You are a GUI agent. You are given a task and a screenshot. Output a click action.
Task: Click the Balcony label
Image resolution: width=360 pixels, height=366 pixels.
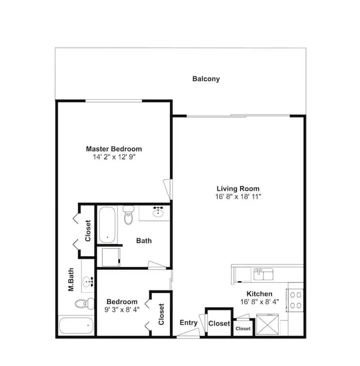coord(206,79)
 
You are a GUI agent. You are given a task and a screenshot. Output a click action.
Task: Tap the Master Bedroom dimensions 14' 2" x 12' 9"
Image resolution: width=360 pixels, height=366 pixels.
coord(114,157)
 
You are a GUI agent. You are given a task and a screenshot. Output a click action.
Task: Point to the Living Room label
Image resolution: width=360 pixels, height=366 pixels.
coord(238,189)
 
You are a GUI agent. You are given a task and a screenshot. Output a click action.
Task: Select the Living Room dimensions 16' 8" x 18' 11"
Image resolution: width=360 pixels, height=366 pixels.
coord(238,197)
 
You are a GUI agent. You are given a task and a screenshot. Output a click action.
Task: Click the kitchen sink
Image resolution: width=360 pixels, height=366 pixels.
coord(263,274)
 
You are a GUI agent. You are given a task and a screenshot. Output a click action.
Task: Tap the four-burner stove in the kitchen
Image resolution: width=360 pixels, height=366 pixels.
coord(295,300)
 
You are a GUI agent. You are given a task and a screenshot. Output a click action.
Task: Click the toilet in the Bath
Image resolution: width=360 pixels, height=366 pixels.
coord(128,215)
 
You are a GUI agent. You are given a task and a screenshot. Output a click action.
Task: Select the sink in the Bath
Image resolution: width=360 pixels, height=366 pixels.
coord(158,212)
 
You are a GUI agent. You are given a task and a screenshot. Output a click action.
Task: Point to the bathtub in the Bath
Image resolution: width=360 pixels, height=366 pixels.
coord(107,225)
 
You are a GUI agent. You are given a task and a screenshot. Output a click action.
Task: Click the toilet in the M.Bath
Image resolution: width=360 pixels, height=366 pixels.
coord(84,303)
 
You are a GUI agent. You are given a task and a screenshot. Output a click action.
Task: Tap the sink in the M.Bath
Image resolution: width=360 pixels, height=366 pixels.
coord(88,282)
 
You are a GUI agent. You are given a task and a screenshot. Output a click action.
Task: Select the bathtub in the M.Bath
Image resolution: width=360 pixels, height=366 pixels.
coord(76,325)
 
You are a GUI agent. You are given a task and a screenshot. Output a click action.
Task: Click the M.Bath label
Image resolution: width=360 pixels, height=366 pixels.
coord(71,280)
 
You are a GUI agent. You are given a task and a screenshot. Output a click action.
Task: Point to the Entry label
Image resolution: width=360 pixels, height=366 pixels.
coord(188,322)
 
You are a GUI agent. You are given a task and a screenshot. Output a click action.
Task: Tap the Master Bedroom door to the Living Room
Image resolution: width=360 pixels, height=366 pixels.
coord(168,189)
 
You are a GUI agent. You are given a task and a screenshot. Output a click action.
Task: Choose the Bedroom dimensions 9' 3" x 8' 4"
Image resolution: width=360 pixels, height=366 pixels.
coord(122,309)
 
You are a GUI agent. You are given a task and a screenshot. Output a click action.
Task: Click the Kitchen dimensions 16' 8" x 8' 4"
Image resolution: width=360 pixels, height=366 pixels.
coord(259,302)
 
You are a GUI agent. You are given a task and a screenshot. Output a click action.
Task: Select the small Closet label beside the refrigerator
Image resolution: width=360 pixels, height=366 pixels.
coord(243,328)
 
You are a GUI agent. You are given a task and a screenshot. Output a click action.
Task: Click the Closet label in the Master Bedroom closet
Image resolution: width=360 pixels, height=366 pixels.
coord(88,231)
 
